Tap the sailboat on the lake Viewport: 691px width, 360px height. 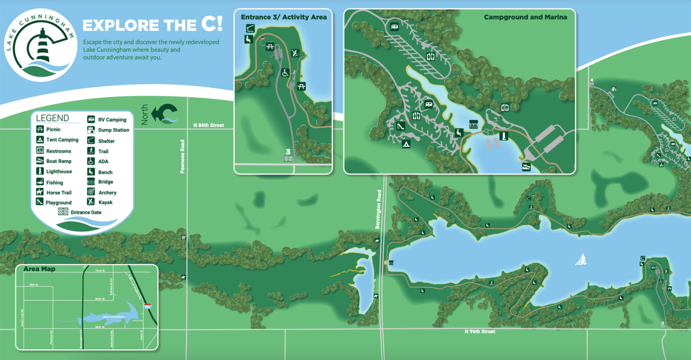coord(581,259)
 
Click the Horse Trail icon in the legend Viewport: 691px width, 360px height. coord(40,192)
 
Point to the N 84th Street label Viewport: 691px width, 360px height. coord(208,125)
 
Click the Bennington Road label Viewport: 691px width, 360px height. coord(378,209)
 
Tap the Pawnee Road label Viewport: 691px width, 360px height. coord(182,157)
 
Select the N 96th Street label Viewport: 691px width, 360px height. coord(480,332)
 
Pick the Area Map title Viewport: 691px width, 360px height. coord(39,269)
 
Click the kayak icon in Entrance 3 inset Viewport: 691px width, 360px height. coord(295,53)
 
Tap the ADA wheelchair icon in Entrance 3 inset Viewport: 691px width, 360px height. coord(285,73)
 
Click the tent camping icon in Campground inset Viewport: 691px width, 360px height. coord(406,144)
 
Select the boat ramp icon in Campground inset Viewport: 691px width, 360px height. coord(526,167)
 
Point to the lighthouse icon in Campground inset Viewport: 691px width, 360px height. coord(504,136)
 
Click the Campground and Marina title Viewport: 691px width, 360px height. coord(525,17)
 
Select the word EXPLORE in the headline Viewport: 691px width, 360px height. coord(121,26)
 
